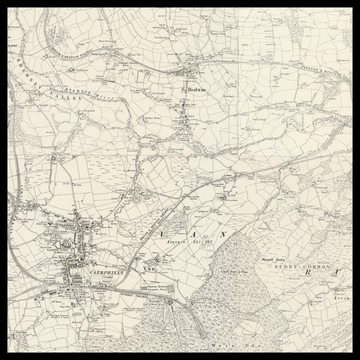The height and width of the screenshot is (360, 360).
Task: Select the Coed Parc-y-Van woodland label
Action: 229,269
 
